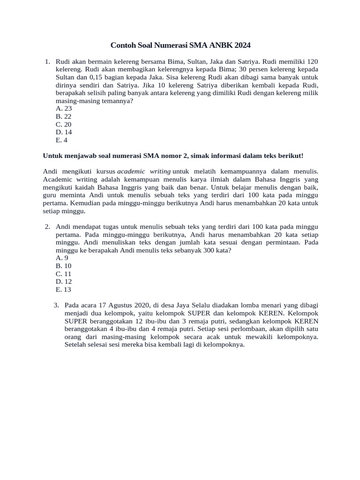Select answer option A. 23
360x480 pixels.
pos(63,108)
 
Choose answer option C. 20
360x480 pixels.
pos(63,124)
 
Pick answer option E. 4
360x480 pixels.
pos(61,140)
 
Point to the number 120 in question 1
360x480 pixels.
pos(313,61)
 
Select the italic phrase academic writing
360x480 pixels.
pos(143,172)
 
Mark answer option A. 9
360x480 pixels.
pos(62,258)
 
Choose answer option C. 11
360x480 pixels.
pos(63,274)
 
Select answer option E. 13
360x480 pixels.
pos(63,290)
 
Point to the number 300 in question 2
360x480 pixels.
pos(209,250)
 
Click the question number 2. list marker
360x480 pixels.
pos(47,226)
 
